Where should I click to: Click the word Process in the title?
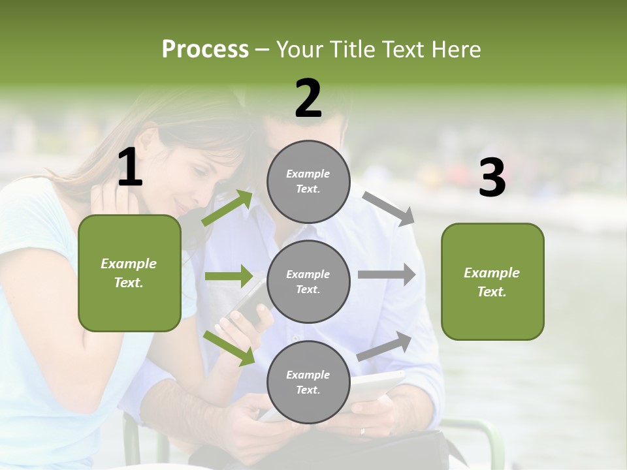205,49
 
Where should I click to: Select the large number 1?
130,168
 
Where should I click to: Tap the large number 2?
308,99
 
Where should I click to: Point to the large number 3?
492,178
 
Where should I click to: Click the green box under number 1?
129,273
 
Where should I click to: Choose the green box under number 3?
492,281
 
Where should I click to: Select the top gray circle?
308,181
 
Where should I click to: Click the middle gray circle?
308,281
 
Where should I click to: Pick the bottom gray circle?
308,382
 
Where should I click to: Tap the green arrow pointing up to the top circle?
227,208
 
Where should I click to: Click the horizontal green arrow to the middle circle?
228,276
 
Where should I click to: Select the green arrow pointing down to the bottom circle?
229,347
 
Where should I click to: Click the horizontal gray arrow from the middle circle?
386,275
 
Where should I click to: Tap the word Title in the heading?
351,49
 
